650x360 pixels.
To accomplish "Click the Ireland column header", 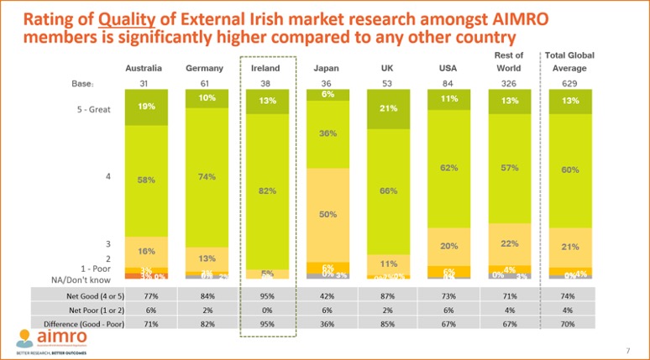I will pos(266,68).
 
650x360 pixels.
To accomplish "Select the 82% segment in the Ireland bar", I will pos(266,191).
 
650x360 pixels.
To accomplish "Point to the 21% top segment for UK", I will pos(389,108).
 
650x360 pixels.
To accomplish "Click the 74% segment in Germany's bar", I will pos(207,176).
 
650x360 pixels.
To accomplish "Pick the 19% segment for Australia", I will pos(146,107).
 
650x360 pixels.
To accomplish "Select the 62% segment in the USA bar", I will pos(448,168).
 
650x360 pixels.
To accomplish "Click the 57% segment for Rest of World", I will pos(507,168).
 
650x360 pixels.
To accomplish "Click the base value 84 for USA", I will pos(448,83).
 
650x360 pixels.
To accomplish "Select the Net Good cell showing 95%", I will pos(266,296).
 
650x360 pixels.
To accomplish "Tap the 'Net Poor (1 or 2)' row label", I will pos(77,308).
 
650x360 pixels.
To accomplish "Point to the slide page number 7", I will pos(627,350).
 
